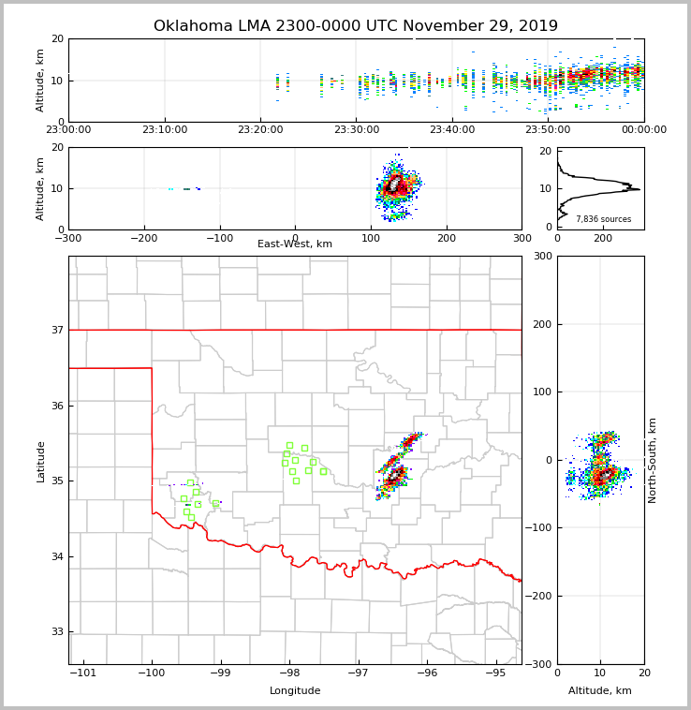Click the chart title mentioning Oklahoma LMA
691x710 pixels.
click(x=356, y=26)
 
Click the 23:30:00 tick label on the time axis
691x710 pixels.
click(x=357, y=130)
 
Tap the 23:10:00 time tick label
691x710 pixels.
click(x=166, y=130)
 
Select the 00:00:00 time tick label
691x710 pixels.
click(x=643, y=130)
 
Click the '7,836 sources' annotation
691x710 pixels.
click(x=603, y=219)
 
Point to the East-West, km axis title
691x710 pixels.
click(x=295, y=244)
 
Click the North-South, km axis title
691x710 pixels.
click(x=653, y=460)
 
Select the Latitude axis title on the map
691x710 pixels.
click(x=41, y=461)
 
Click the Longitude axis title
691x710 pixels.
click(x=295, y=691)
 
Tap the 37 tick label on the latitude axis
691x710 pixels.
click(x=57, y=331)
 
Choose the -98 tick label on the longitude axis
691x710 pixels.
click(x=288, y=673)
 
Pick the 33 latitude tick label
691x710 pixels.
click(x=57, y=632)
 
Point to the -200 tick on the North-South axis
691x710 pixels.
click(x=540, y=597)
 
